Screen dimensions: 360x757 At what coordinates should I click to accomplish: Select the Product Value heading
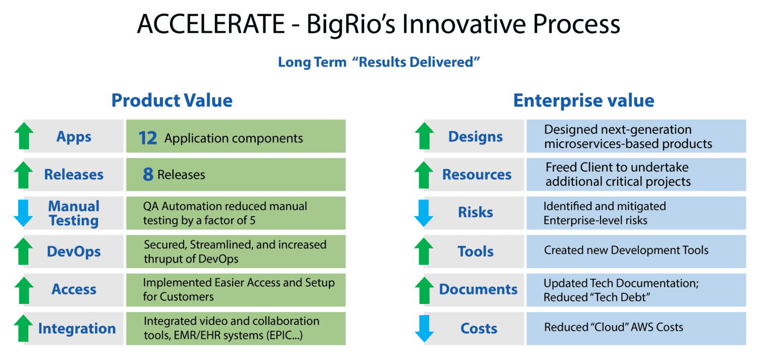(x=172, y=100)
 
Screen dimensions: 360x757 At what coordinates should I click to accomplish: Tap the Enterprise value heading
(x=583, y=100)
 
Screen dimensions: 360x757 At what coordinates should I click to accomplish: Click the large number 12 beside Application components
(x=148, y=138)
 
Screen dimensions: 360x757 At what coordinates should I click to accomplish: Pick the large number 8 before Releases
(x=148, y=175)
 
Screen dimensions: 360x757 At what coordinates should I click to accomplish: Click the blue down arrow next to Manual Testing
(x=23, y=213)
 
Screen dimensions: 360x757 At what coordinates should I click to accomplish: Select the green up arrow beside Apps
(x=23, y=136)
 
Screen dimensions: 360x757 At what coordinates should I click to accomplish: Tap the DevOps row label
(x=74, y=251)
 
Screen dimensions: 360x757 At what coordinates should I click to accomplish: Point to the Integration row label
(x=77, y=329)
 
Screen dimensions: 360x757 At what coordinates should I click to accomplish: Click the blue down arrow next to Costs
(x=424, y=328)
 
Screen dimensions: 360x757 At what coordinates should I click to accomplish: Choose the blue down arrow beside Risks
(x=424, y=213)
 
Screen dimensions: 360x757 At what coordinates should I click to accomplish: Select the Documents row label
(x=478, y=289)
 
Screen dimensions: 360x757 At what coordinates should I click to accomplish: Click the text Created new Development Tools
(x=626, y=250)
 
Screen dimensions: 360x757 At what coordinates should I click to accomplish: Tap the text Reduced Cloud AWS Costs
(x=613, y=328)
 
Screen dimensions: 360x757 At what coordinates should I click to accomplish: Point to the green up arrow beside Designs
(x=424, y=136)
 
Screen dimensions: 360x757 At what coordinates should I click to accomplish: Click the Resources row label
(x=477, y=175)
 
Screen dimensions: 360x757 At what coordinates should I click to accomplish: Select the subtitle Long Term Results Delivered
(x=379, y=62)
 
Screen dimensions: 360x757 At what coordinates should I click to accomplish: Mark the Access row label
(x=74, y=289)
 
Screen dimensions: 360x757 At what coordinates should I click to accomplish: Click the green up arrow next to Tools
(x=424, y=251)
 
